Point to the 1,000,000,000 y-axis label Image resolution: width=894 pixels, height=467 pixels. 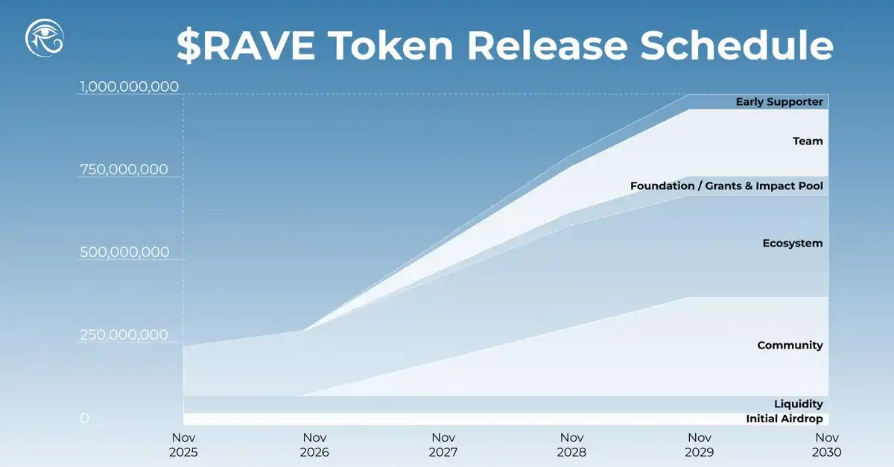(x=130, y=86)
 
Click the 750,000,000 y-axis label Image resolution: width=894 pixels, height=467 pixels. (x=124, y=170)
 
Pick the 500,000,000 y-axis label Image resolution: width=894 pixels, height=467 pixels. (x=124, y=252)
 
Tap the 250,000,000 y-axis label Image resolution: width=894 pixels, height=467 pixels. (x=124, y=335)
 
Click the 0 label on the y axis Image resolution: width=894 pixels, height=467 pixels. (x=84, y=419)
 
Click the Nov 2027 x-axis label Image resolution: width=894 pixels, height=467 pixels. (x=443, y=445)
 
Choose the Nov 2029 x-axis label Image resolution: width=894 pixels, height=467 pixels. (x=699, y=445)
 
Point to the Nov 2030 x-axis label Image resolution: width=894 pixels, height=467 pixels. (x=827, y=445)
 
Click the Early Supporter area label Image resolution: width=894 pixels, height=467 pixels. (x=779, y=102)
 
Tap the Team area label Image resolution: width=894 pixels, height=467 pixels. (x=808, y=141)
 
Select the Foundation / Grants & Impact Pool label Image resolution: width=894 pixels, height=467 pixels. (x=726, y=185)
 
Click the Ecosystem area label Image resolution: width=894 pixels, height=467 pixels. (x=793, y=244)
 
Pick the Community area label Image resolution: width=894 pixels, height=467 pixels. (x=790, y=346)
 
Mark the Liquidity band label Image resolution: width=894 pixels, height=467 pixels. (x=798, y=404)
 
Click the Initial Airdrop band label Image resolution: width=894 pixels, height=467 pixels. (x=784, y=419)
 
